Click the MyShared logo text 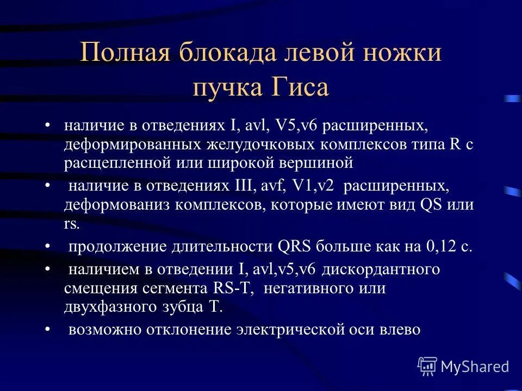475,367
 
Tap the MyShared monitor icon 427,367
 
